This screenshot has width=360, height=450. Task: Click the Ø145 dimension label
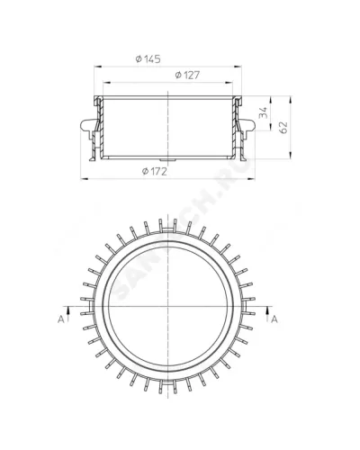[148, 58]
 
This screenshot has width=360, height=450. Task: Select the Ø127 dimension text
[187, 75]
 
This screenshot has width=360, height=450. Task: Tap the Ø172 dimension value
[154, 171]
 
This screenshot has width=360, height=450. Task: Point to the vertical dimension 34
[263, 113]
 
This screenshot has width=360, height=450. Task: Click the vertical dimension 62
[283, 128]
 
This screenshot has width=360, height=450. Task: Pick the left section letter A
[61, 319]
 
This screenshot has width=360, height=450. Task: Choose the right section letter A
[274, 319]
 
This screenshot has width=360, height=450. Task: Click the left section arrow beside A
[68, 314]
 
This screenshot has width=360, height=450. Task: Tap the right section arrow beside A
[267, 314]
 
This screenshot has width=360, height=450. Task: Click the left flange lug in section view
[88, 125]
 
